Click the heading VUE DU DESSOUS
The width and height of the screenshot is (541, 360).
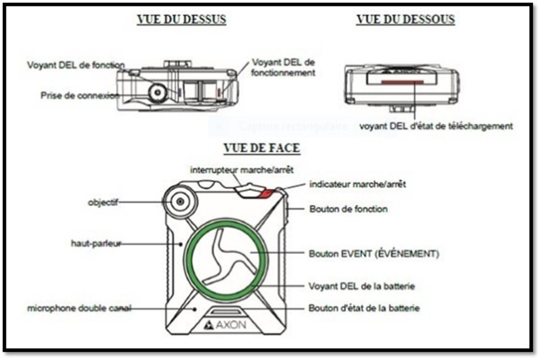click(x=405, y=20)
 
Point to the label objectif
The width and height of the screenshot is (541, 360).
click(x=105, y=202)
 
